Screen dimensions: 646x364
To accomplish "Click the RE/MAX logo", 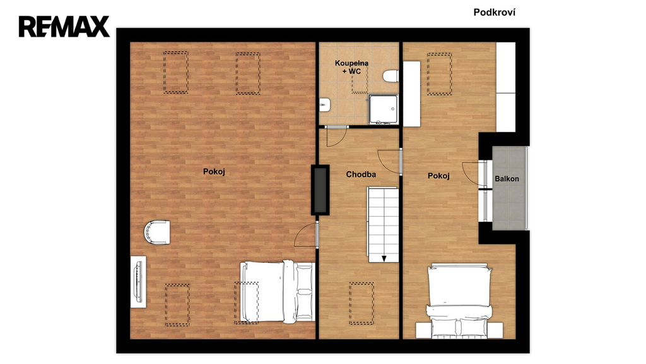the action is [x=64, y=27].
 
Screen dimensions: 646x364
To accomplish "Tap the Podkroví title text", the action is [x=494, y=13].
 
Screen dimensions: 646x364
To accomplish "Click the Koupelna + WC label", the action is [x=351, y=67].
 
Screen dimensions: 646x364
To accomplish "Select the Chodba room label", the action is [x=361, y=174].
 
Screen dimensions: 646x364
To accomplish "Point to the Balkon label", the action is [x=507, y=179].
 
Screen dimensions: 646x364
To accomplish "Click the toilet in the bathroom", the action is [x=390, y=76].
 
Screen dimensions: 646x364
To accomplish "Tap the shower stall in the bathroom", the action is [x=383, y=109].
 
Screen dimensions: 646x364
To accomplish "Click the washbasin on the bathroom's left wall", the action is [x=324, y=105].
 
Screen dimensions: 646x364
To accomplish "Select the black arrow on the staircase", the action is [x=384, y=258].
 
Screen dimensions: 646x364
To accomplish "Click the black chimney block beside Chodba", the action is [x=320, y=190].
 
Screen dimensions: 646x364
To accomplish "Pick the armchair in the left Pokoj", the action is [x=157, y=232].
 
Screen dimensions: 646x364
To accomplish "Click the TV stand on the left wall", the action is [x=138, y=282].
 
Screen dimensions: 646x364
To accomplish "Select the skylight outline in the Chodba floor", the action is [x=361, y=304].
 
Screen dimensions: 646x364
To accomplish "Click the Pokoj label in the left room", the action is [x=214, y=172].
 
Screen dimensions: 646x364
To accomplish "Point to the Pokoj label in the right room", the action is [x=438, y=176].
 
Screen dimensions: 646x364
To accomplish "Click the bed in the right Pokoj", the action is [x=459, y=301].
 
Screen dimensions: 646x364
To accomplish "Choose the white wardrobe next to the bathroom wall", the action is [x=411, y=94].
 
